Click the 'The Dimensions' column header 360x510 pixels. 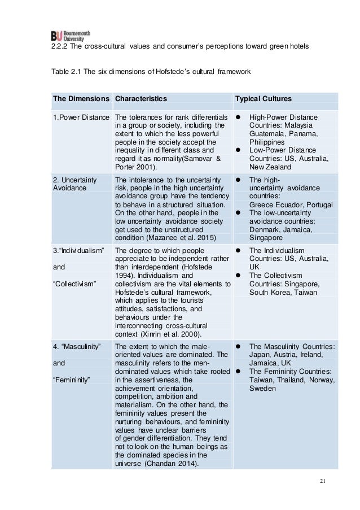click(x=81, y=98)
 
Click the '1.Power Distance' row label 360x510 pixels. click(x=80, y=117)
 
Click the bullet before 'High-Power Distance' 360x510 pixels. click(x=239, y=117)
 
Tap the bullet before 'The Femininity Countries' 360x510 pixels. click(x=239, y=372)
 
